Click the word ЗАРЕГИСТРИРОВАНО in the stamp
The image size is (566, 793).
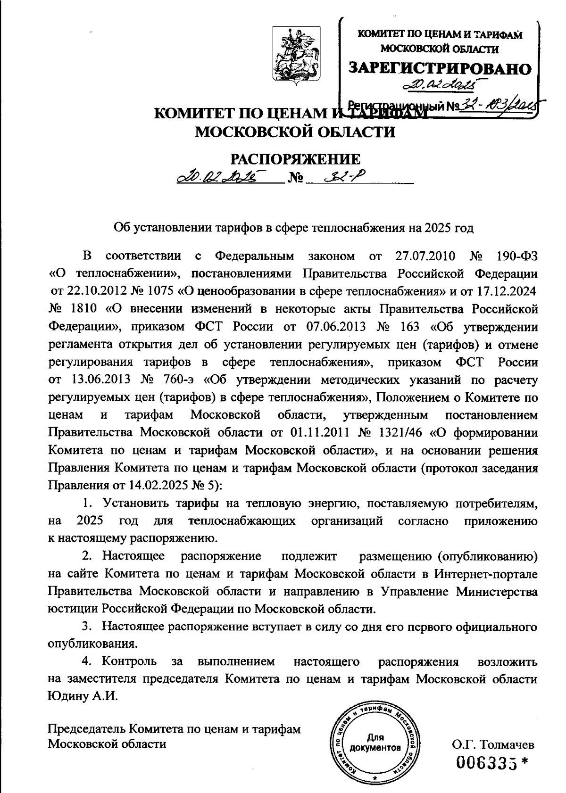point(440,68)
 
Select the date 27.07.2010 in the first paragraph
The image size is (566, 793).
point(423,256)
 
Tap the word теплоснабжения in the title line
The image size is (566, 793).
point(358,229)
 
